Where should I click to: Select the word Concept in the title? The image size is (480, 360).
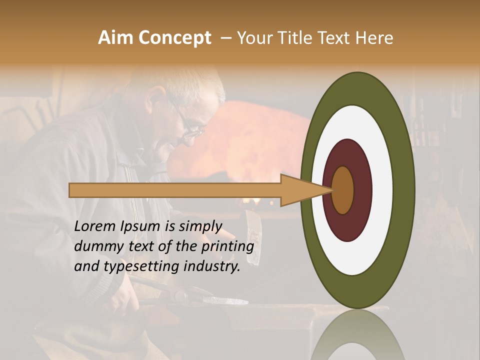tap(174, 38)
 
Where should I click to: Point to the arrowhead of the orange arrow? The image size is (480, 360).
tap(305, 190)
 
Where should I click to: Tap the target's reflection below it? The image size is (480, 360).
tap(357, 337)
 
